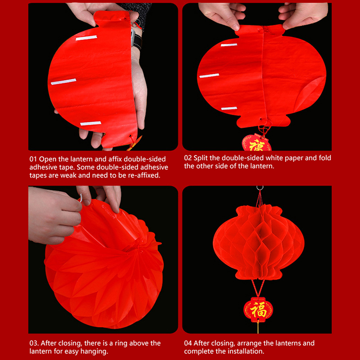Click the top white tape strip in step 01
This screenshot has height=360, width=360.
click(x=86, y=38)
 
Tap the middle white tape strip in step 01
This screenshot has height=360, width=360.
click(x=63, y=81)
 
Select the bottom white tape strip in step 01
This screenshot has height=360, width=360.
click(x=91, y=123)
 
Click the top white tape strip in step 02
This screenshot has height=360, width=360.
click(x=229, y=45)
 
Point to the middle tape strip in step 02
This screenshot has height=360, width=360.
click(x=209, y=76)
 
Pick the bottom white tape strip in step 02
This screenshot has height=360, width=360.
click(x=229, y=108)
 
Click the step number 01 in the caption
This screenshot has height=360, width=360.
click(x=33, y=159)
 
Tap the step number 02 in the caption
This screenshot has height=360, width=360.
click(x=188, y=158)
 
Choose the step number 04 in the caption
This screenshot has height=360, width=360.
click(x=188, y=343)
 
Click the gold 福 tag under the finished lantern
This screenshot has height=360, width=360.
click(x=258, y=310)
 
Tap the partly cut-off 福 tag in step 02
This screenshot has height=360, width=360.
click(x=256, y=143)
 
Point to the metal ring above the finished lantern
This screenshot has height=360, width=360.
click(x=260, y=188)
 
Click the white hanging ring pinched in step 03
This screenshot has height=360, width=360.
click(x=81, y=198)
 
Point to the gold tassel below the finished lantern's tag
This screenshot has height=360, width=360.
click(x=258, y=327)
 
